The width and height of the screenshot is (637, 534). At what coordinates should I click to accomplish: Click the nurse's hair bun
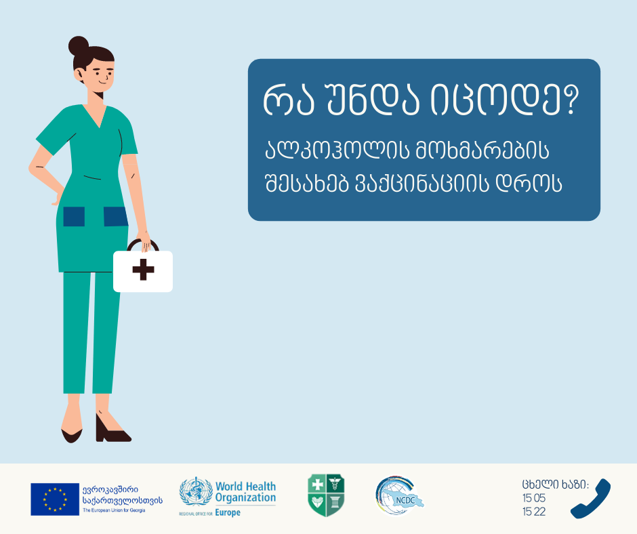[79, 46]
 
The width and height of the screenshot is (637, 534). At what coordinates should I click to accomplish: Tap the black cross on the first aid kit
[144, 270]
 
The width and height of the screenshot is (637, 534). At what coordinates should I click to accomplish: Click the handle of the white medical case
[142, 245]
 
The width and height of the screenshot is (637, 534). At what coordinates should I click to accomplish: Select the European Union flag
[55, 499]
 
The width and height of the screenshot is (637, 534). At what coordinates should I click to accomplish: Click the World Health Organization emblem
[196, 492]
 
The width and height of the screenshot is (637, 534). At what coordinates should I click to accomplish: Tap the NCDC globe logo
[399, 496]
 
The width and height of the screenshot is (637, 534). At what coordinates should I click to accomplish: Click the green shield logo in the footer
[326, 495]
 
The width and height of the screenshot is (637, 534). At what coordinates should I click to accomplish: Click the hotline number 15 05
[534, 498]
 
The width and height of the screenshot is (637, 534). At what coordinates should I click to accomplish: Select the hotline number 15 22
[534, 512]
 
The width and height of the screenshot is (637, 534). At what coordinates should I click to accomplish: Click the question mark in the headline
[571, 100]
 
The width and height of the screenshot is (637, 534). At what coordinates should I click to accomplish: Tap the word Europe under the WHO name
[228, 512]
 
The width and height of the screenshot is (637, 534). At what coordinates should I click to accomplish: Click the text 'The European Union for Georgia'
[114, 510]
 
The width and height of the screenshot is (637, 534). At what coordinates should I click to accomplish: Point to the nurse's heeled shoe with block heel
[112, 428]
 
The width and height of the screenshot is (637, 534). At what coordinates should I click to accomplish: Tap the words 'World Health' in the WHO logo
[245, 486]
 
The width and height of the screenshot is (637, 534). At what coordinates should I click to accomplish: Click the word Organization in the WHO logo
[245, 497]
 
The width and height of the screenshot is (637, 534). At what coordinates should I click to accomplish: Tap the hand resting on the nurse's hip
[57, 198]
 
